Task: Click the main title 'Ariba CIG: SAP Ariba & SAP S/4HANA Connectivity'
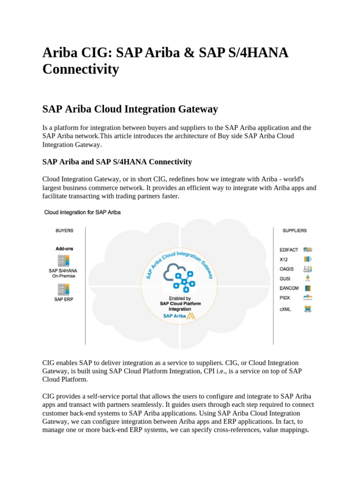[x=165, y=61]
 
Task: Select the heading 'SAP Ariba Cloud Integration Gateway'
[x=130, y=109]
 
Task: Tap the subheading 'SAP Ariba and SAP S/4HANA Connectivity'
[x=117, y=162]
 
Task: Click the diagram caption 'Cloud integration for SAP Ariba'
[x=82, y=212]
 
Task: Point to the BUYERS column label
[x=64, y=231]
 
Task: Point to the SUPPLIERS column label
[x=294, y=231]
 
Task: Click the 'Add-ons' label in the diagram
[x=64, y=248]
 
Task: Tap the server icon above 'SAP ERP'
[x=63, y=289]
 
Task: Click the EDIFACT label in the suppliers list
[x=289, y=250]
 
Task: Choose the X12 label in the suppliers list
[x=284, y=259]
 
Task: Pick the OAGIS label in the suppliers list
[x=287, y=269]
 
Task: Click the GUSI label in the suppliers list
[x=285, y=278]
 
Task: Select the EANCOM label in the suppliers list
[x=289, y=288]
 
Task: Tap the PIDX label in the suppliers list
[x=285, y=298]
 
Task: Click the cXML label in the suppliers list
[x=285, y=309]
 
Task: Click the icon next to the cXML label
[x=308, y=309]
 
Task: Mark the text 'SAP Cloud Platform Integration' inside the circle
[x=180, y=306]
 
